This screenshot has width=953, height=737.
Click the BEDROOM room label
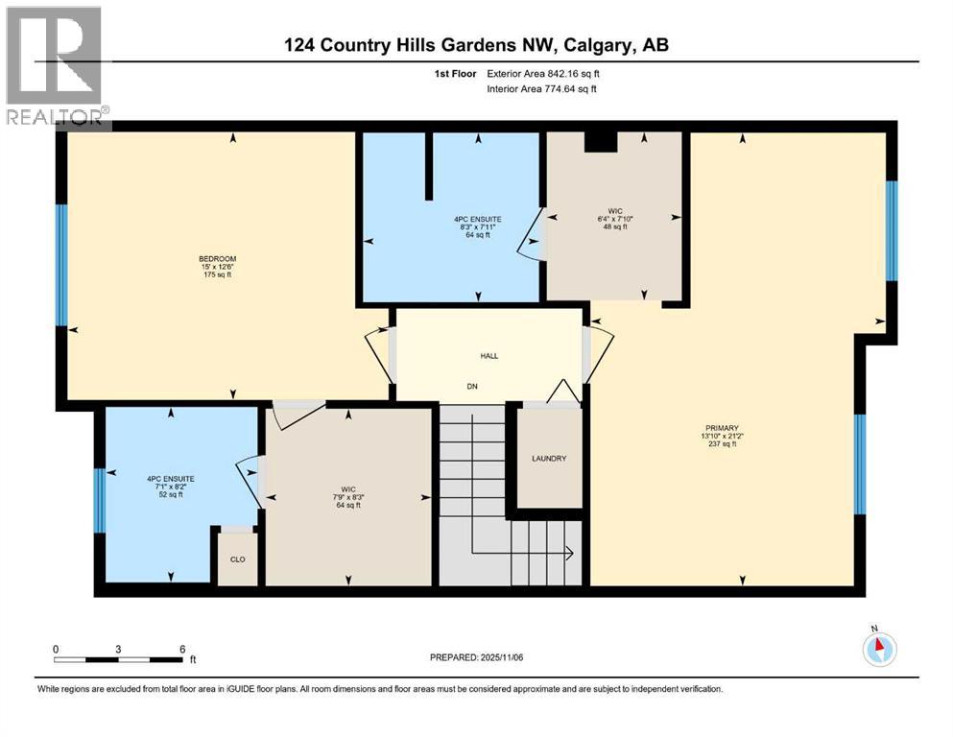tap(217, 258)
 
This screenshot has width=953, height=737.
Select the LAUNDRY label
tap(549, 459)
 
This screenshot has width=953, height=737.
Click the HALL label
tap(489, 355)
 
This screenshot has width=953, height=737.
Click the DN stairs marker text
tap(472, 387)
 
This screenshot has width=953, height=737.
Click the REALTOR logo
tap(55, 67)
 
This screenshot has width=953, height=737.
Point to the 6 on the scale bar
tap(181, 649)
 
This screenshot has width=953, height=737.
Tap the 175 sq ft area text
tap(217, 275)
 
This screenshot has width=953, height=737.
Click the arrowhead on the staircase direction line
tap(569, 553)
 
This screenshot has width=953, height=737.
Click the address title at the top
tap(476, 45)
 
